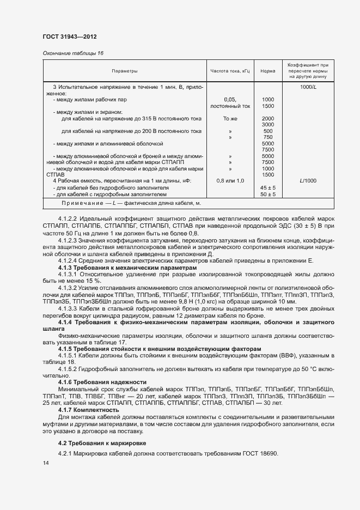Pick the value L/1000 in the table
308,180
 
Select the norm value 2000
267,118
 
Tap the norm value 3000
267,125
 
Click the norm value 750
267,137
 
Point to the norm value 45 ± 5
267,187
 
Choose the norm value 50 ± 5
267,194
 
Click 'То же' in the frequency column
230,118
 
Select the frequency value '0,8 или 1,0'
230,180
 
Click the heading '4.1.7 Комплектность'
88,409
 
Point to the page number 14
46,463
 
